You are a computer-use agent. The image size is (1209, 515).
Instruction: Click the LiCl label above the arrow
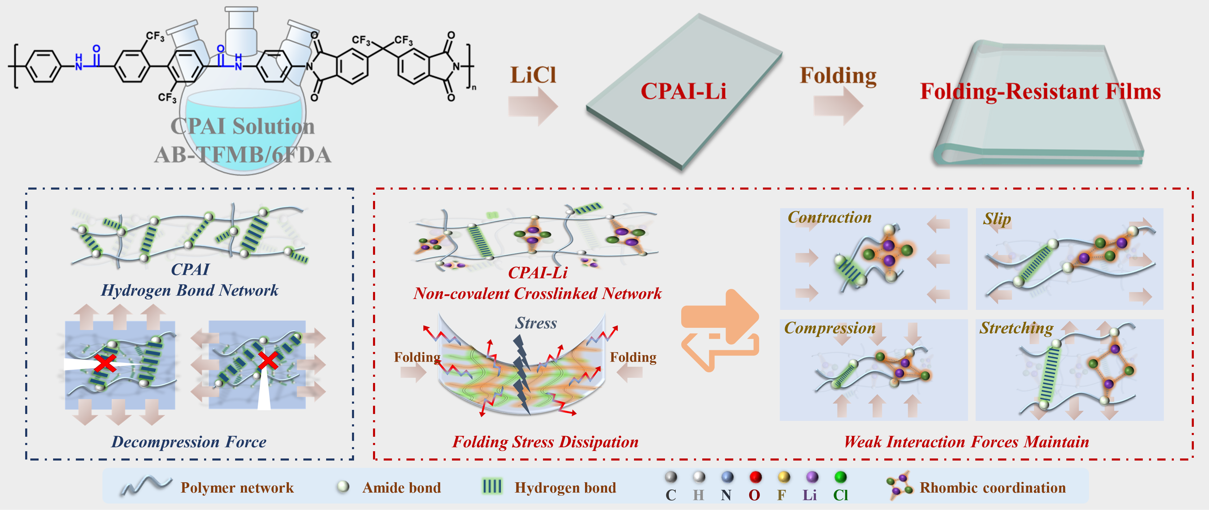pos(533,75)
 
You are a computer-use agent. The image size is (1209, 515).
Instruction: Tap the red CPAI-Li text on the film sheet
pos(683,91)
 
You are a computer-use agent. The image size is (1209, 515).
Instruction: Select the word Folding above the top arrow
pos(838,76)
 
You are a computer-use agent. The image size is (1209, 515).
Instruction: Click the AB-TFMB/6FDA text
pos(243,155)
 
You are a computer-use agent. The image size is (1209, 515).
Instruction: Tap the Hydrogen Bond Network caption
pos(190,290)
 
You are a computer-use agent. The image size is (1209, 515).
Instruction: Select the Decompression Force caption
pos(189,442)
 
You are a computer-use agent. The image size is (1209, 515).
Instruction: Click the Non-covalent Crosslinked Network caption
pos(537,293)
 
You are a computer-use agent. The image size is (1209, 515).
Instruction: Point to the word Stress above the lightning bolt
pos(536,323)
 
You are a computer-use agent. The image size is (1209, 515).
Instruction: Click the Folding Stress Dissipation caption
pos(545,442)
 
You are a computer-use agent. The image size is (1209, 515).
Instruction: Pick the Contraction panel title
pos(829,218)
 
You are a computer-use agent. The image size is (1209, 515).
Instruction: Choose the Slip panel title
pos(997,219)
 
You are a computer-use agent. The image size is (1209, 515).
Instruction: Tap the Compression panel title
pos(830,328)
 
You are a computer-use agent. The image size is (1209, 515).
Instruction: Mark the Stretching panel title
pos(1016,328)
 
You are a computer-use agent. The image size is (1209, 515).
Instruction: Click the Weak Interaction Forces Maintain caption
pos(966,442)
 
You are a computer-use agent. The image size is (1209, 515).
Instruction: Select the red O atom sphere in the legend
pos(755,477)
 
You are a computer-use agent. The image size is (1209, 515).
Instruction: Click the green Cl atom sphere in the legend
pos(840,477)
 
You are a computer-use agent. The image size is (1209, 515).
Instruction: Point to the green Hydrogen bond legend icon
pos(492,486)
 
